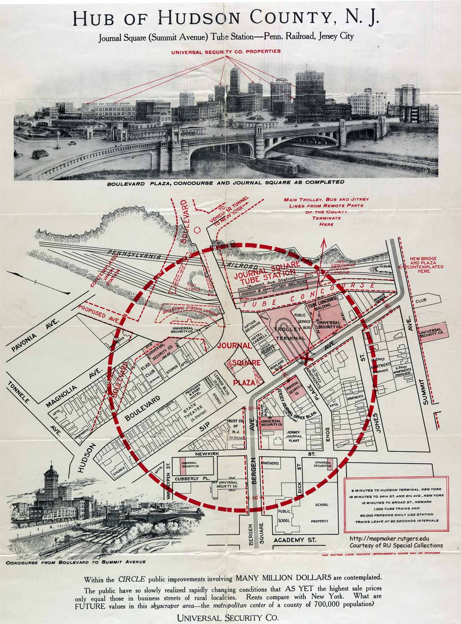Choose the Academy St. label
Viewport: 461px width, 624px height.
[295, 540]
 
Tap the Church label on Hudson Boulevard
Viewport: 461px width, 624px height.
[117, 472]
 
